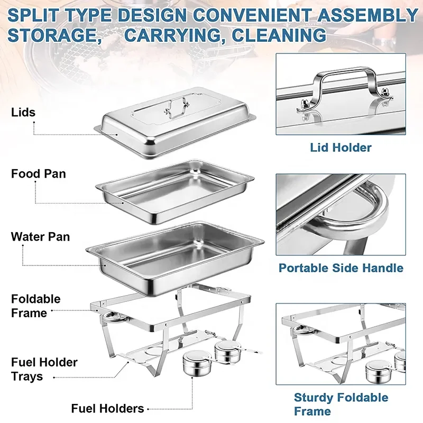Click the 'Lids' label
click(x=23, y=112)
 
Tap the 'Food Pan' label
click(x=39, y=173)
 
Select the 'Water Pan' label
click(x=40, y=236)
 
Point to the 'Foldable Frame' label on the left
click(x=36, y=306)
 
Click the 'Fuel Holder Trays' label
click(x=44, y=370)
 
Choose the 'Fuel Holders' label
click(x=108, y=408)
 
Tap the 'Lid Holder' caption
click(x=341, y=148)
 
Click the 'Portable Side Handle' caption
click(x=341, y=268)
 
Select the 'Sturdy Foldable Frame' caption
click(x=341, y=404)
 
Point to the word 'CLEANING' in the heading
click(x=280, y=35)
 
